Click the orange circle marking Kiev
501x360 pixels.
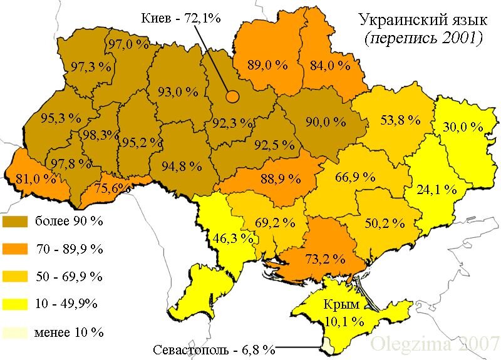[232, 96]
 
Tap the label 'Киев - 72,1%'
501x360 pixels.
[182, 18]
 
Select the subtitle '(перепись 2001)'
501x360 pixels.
[423, 38]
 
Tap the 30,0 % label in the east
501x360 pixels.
[463, 127]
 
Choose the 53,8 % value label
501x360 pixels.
[400, 120]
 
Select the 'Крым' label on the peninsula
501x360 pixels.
[341, 305]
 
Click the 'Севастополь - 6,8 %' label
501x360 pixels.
[214, 349]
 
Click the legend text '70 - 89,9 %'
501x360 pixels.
[69, 249]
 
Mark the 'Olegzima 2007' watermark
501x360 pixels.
[435, 344]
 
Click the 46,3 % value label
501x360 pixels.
[234, 238]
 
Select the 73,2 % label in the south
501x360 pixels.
[325, 258]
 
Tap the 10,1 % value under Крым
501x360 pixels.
[344, 322]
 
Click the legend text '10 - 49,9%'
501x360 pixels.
[66, 304]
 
